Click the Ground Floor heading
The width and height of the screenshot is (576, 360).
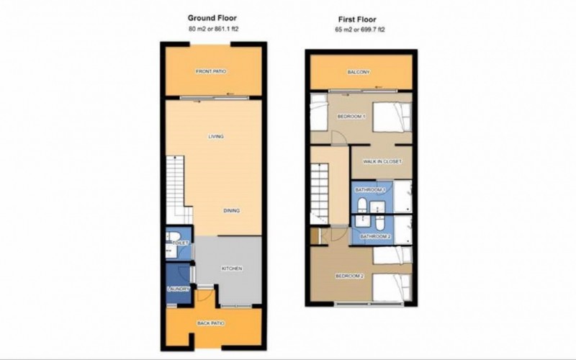point(212,17)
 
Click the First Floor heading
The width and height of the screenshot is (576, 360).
point(357,19)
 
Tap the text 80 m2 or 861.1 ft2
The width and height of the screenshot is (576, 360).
point(213,29)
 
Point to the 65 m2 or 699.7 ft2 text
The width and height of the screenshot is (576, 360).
point(359,30)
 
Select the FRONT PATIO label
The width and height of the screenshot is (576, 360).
point(211,71)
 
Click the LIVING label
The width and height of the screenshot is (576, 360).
point(216,137)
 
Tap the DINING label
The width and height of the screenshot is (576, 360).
point(231,211)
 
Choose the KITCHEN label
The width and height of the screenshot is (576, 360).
point(232,269)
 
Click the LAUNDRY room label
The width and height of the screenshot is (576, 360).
point(178,289)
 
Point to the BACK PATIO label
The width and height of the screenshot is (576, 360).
point(211,323)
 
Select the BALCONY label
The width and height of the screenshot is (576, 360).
point(359,72)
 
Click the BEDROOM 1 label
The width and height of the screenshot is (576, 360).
point(351,117)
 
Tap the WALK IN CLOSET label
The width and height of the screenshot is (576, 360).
point(382,161)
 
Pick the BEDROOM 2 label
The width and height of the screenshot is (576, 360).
point(350,276)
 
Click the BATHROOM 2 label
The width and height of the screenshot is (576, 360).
point(375,237)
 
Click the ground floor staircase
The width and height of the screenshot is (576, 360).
point(179,189)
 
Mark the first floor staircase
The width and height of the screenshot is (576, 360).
point(320,194)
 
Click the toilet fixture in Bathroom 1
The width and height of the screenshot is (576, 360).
point(362,205)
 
